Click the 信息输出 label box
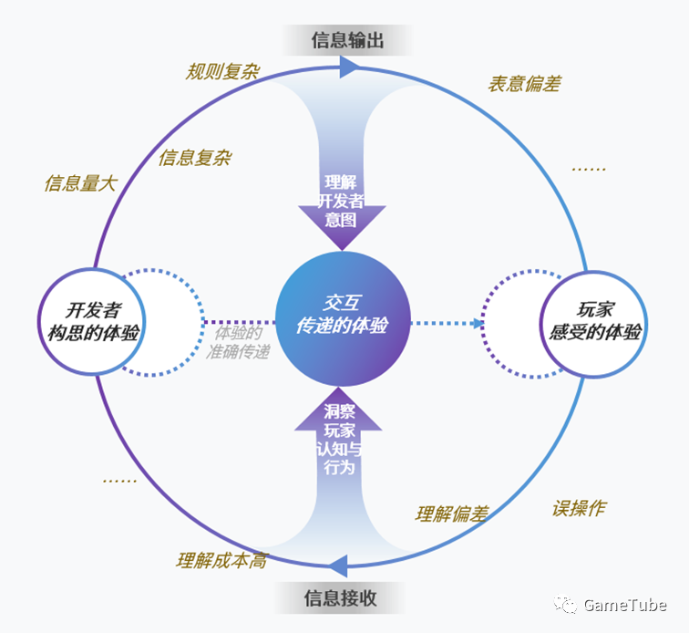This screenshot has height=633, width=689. pos(347,40)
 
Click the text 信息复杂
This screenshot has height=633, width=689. pos(194,158)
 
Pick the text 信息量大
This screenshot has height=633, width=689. pos(80,183)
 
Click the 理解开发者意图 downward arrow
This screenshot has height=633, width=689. pos(343,201)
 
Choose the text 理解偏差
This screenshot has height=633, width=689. pos(452,514)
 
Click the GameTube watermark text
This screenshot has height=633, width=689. pos(624,605)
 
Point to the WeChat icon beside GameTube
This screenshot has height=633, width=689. pos(568,605)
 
